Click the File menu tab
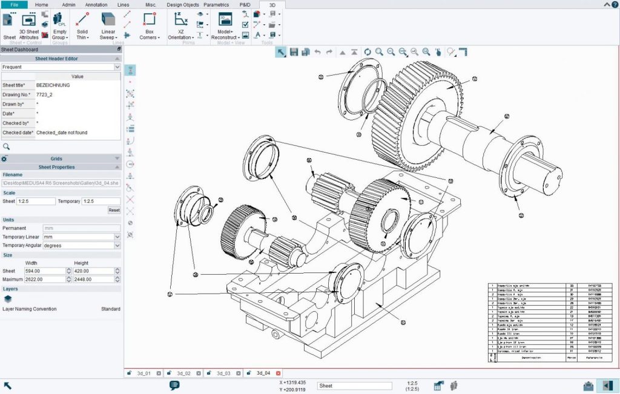(x=15, y=4)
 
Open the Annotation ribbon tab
(x=96, y=4)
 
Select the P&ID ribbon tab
(x=245, y=4)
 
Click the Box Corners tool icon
(x=149, y=20)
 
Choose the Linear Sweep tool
(x=108, y=20)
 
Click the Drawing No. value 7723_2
(x=45, y=95)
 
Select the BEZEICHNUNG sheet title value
(x=53, y=85)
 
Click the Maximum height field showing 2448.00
(x=93, y=279)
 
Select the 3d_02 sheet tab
(x=183, y=373)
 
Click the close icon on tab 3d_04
(x=279, y=373)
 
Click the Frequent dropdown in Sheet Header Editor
(x=61, y=67)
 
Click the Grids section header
(x=56, y=159)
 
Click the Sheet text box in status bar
(x=354, y=386)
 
